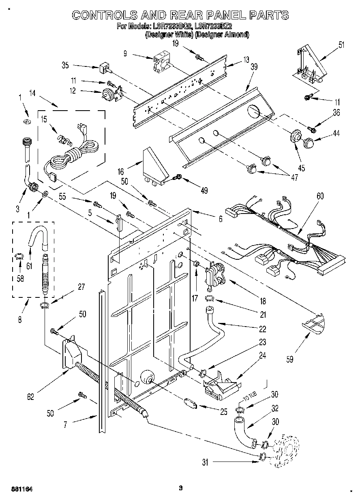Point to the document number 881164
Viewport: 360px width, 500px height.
pyautogui.click(x=21, y=489)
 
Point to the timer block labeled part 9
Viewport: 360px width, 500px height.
pyautogui.click(x=163, y=63)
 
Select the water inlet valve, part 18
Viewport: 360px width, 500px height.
pyautogui.click(x=214, y=275)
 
